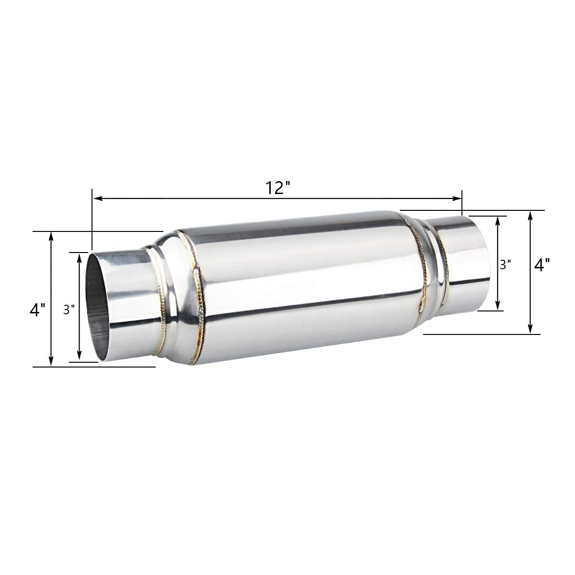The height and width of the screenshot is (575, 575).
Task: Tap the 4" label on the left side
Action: (37, 310)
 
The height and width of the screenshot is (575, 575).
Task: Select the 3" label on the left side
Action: (69, 310)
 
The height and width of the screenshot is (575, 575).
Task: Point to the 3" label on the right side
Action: (505, 264)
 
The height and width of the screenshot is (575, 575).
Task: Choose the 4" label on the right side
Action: (541, 264)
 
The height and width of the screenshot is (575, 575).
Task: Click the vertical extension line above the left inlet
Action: (92, 220)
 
